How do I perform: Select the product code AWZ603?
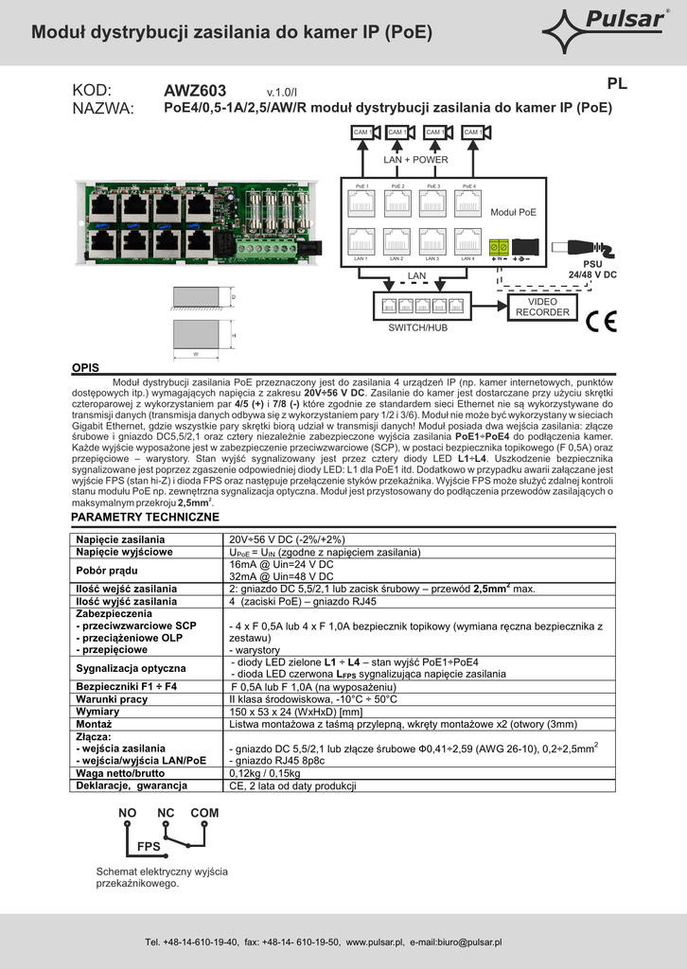point(195,91)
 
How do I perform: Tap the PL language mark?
point(617,83)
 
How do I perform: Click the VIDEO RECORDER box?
point(542,307)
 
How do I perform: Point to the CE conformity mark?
point(600,321)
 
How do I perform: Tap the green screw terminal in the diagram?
point(498,246)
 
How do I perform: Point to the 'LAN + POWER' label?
point(415,160)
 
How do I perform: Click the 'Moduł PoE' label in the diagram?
point(513,213)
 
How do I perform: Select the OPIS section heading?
point(86,367)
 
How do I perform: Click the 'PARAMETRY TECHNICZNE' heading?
point(145,518)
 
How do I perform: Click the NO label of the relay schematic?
point(128,813)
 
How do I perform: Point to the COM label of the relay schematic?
point(204,813)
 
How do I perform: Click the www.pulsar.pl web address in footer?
point(375,943)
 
